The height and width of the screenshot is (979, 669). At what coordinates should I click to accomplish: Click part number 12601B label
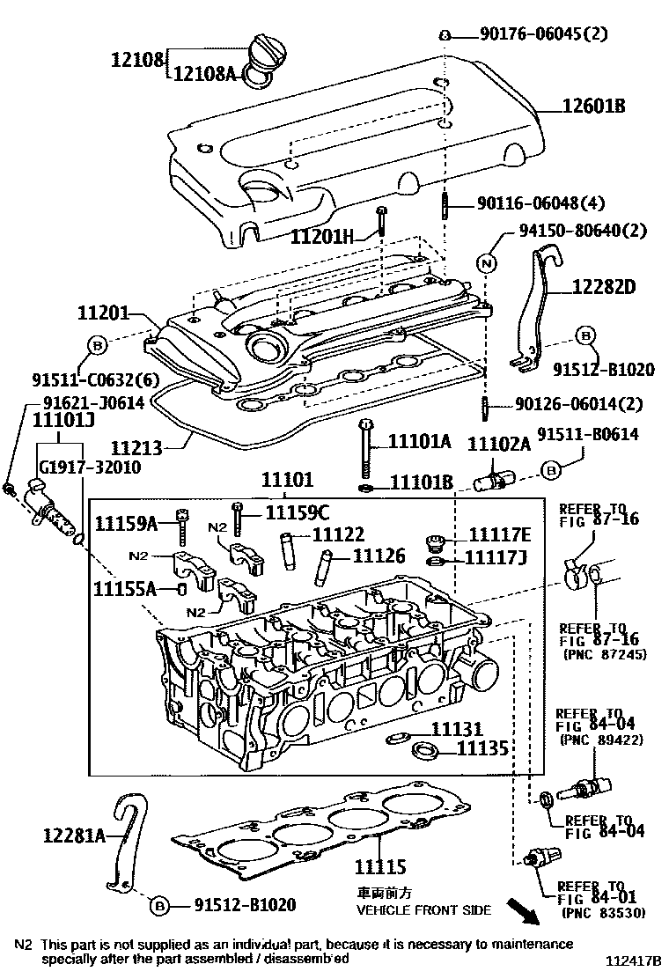pos(594,107)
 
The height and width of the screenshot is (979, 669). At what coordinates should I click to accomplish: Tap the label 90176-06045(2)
pos(555,34)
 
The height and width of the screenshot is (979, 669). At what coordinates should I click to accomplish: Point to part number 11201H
pos(322,236)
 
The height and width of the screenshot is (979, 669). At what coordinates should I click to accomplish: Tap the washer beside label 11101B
pos(365,486)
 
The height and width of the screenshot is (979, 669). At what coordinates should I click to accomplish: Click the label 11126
pos(379,556)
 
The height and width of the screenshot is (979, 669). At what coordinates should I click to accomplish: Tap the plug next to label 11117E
pos(433,540)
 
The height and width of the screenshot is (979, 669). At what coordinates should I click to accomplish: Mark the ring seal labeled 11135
pos(427,751)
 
